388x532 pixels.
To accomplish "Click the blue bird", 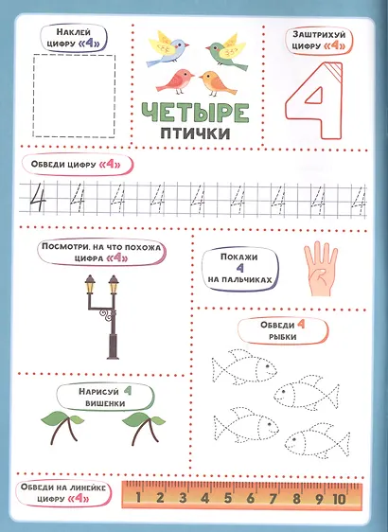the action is pyautogui.click(x=167, y=49).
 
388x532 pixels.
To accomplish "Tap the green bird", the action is pyautogui.click(x=226, y=51).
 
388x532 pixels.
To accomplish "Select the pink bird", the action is pyautogui.click(x=176, y=81).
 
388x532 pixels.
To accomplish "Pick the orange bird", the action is pyautogui.click(x=217, y=83).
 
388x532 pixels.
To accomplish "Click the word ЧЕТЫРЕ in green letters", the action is pyautogui.click(x=195, y=112).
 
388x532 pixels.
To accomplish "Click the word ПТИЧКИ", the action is pyautogui.click(x=195, y=133).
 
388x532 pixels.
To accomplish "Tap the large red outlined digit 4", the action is pyautogui.click(x=314, y=100).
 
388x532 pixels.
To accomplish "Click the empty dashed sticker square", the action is pyautogui.click(x=74, y=96).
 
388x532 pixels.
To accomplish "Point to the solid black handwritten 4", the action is pyautogui.click(x=37, y=198).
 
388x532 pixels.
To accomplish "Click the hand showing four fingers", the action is pyautogui.click(x=320, y=269).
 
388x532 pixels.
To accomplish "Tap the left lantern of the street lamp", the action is pyautogui.click(x=90, y=284).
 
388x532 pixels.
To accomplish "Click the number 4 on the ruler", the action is pyautogui.click(x=204, y=498).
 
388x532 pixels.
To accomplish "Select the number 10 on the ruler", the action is pyautogui.click(x=339, y=499).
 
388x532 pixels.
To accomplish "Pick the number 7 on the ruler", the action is pyautogui.click(x=273, y=499).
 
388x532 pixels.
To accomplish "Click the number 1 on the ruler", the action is pyautogui.click(x=138, y=497).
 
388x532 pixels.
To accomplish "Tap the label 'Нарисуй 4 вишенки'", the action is pyautogui.click(x=105, y=397).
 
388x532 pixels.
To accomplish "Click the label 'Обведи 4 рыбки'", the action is pyautogui.click(x=283, y=330).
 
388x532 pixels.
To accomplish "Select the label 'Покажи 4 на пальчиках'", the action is pyautogui.click(x=239, y=269).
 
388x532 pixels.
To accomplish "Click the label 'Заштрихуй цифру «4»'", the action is pyautogui.click(x=319, y=41).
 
